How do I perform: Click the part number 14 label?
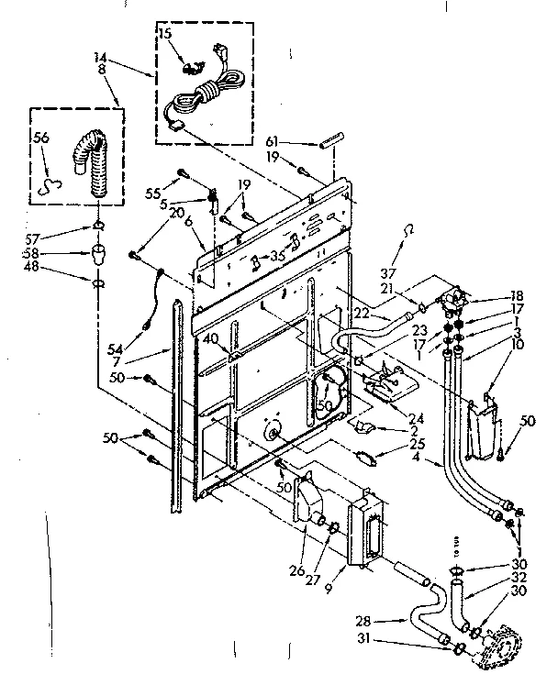(x=100, y=57)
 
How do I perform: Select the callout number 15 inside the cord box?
(x=165, y=33)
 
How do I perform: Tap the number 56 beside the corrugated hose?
(x=41, y=138)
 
